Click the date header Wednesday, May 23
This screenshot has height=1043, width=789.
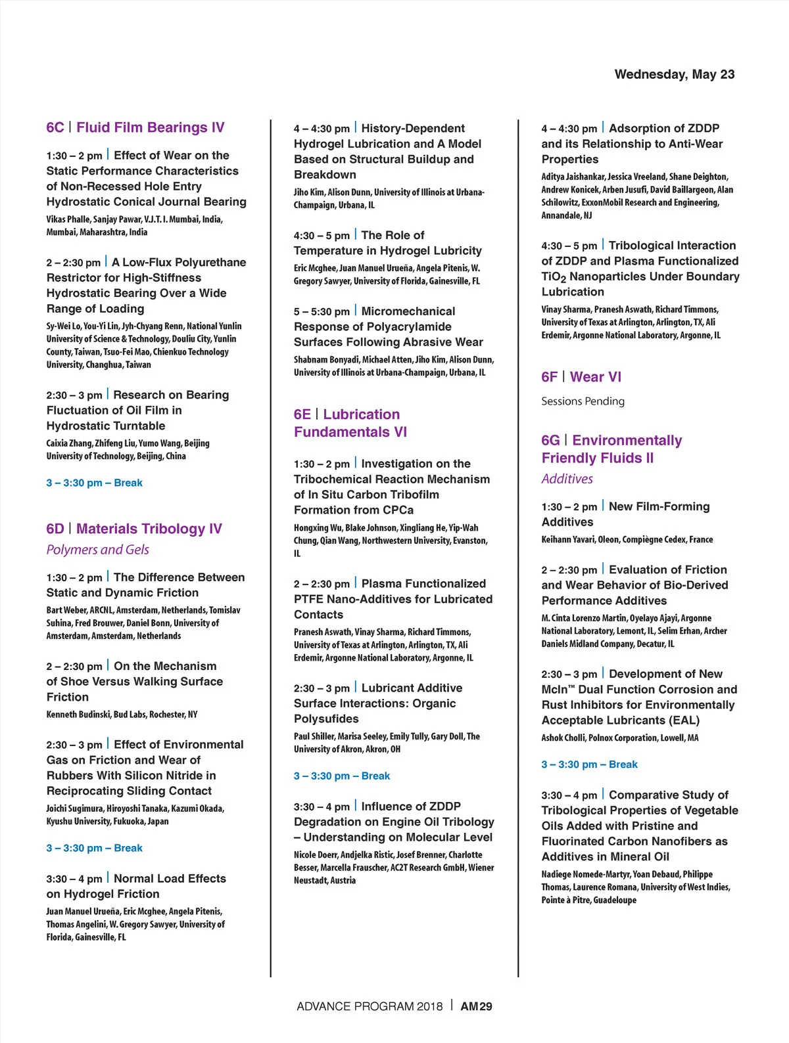[674, 74]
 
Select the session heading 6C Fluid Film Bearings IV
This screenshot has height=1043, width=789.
[135, 127]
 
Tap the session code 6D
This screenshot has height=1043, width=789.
[55, 529]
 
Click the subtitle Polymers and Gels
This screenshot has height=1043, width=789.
[97, 550]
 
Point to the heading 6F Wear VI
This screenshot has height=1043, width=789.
[581, 377]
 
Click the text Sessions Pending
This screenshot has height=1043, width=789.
[583, 401]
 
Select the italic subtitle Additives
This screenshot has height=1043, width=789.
[567, 479]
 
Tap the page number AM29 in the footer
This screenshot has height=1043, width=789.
[476, 1006]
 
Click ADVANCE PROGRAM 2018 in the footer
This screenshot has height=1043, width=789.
[370, 1006]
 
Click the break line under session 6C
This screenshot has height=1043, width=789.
[94, 483]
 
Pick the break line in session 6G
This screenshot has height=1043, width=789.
[589, 765]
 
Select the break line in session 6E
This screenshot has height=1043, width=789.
[342, 776]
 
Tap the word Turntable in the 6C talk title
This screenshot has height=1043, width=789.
[134, 426]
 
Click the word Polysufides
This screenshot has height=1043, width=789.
[326, 719]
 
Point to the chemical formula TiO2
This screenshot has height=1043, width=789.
[554, 277]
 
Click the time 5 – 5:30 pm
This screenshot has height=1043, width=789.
[322, 311]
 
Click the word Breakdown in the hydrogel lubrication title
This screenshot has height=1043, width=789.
[325, 175]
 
